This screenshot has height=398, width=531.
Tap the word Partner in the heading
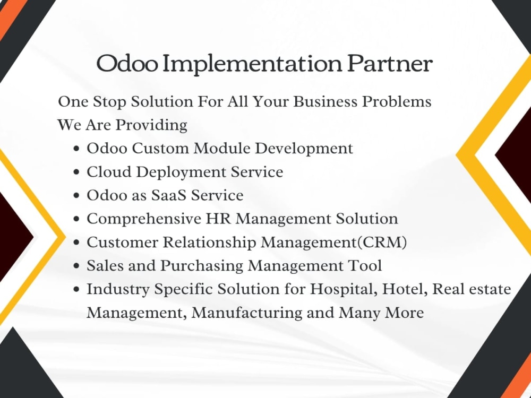pyautogui.click(x=390, y=64)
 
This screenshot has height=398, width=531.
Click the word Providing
pyautogui.click(x=151, y=125)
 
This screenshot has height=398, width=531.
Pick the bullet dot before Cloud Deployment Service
pyautogui.click(x=77, y=172)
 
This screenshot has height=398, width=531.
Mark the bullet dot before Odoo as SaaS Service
pyautogui.click(x=77, y=196)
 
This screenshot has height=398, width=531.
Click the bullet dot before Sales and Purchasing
pyautogui.click(x=77, y=266)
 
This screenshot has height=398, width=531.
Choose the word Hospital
pyautogui.click(x=336, y=290)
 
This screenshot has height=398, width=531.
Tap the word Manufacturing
pyautogui.click(x=247, y=313)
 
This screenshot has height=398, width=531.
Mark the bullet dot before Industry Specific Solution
pyautogui.click(x=77, y=290)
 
